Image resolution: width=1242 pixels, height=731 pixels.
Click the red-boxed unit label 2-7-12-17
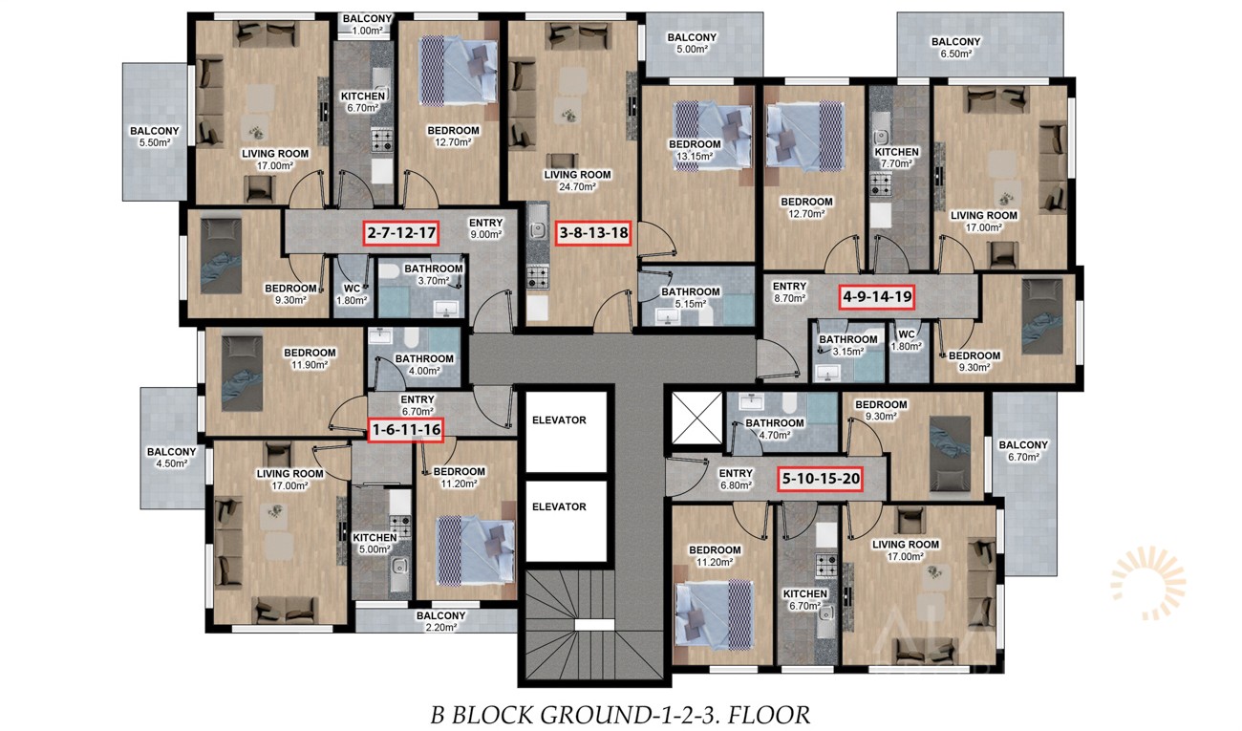click(401, 233)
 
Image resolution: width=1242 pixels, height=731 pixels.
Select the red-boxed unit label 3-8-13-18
click(594, 233)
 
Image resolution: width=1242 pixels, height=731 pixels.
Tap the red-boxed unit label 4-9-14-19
click(877, 297)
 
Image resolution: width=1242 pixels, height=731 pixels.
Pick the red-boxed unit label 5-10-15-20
click(821, 479)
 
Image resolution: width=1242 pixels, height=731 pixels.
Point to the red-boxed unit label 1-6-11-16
click(406, 430)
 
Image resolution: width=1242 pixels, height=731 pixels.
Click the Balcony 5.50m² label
click(155, 137)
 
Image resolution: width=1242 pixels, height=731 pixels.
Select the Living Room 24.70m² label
click(577, 181)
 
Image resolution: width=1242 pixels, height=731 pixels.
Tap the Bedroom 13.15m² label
click(695, 150)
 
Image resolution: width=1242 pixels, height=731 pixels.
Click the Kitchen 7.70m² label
click(896, 158)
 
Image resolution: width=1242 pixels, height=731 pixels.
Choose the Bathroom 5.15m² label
click(691, 298)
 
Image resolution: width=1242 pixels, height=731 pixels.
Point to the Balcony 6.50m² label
click(956, 48)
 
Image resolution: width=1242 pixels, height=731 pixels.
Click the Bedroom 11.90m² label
click(310, 359)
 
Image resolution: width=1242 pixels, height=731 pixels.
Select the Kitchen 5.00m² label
click(375, 544)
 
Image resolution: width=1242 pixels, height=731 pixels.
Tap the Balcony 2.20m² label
click(440, 622)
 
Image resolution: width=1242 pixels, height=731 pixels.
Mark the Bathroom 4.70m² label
click(774, 429)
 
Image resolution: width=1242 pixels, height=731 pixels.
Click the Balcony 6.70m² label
click(1023, 451)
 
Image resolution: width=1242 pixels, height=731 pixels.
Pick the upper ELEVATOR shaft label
click(559, 420)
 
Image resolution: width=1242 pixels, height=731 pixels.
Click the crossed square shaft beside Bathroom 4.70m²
click(697, 419)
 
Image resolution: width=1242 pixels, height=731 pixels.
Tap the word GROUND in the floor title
click(592, 716)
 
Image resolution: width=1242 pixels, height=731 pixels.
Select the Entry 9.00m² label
click(485, 228)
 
